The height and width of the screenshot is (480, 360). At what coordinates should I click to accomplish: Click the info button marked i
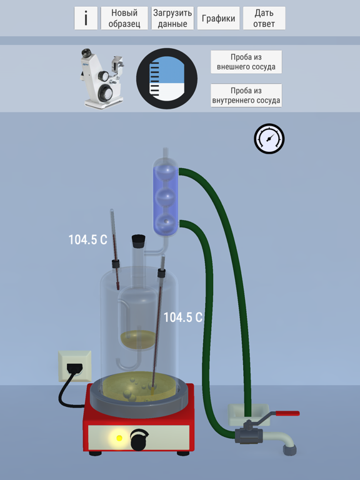click(x=86, y=18)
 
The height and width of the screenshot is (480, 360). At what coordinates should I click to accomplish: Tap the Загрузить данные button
click(x=172, y=18)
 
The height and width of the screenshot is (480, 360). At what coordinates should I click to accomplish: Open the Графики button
click(x=218, y=18)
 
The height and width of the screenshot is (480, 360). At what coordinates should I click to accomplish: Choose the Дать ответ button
click(x=264, y=18)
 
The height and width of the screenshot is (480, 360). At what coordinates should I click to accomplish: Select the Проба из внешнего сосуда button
click(x=246, y=62)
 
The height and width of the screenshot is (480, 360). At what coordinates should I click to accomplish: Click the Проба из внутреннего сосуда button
click(x=246, y=96)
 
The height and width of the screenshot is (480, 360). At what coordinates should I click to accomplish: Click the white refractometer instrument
click(x=102, y=78)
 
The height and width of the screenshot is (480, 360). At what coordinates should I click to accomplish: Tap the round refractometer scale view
click(x=167, y=79)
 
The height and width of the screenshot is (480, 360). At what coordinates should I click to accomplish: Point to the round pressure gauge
click(x=269, y=139)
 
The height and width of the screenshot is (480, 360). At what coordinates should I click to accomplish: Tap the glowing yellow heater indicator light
click(x=119, y=438)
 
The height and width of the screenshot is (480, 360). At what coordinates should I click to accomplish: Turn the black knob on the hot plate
click(x=139, y=439)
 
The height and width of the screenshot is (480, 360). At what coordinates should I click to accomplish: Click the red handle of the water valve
click(x=287, y=413)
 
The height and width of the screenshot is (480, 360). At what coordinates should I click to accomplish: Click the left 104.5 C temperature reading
click(x=88, y=240)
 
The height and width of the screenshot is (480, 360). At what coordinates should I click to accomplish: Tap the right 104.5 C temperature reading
click(x=183, y=317)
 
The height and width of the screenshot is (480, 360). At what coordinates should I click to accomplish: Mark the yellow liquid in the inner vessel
click(x=138, y=339)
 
